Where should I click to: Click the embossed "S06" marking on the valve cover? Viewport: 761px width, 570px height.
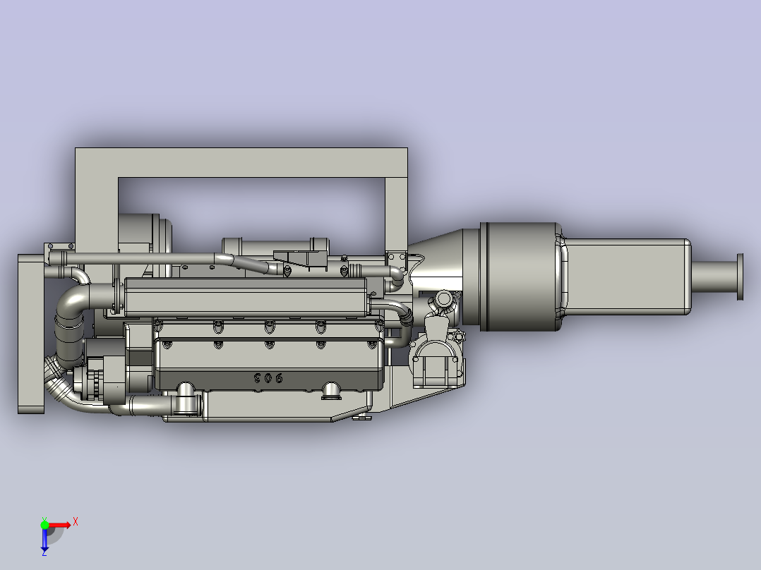(268, 379)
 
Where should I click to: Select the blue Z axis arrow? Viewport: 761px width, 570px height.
(44, 540)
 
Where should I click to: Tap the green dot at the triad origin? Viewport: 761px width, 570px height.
(44, 524)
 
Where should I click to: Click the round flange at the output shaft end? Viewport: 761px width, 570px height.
(740, 277)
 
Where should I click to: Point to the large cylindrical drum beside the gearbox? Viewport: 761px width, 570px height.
(519, 277)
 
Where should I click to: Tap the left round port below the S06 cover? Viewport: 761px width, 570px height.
(186, 392)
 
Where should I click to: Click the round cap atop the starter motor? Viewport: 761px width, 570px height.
(443, 300)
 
